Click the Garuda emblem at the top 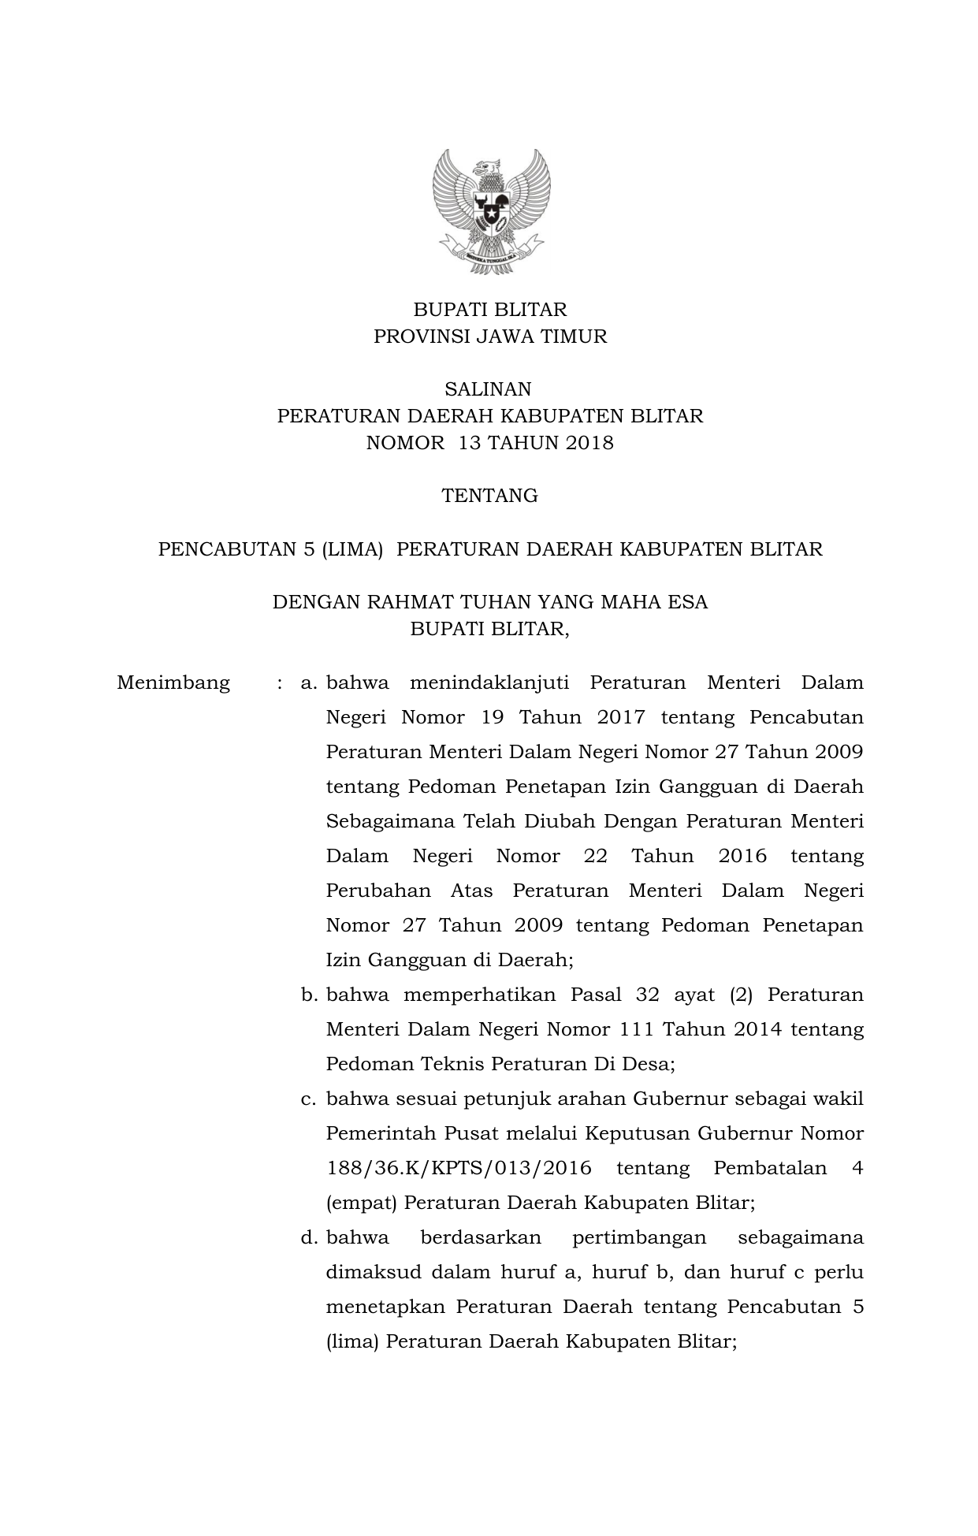click(490, 210)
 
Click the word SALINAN click(488, 389)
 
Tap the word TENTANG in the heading click(489, 496)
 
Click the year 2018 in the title click(588, 443)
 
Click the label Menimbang click(173, 682)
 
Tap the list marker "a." click(308, 682)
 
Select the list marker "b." click(308, 995)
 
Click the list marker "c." click(308, 1099)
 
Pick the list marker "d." click(308, 1237)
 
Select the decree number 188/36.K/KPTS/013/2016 click(459, 1168)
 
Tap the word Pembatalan click(769, 1168)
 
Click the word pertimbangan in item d click(638, 1237)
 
